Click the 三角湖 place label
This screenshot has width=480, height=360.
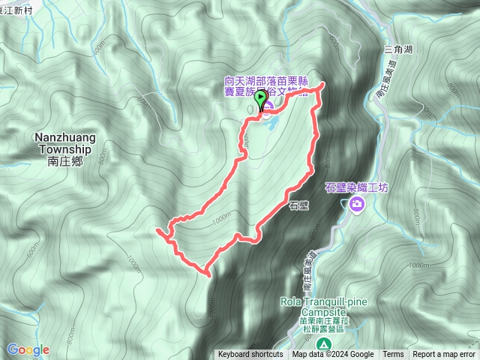pyautogui.click(x=397, y=49)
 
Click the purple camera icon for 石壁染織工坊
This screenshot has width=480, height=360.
pyautogui.click(x=358, y=204)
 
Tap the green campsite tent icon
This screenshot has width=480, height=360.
pyautogui.click(x=323, y=343)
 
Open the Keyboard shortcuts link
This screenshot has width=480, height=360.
pyautogui.click(x=250, y=355)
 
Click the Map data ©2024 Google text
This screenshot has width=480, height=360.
pyautogui.click(x=333, y=355)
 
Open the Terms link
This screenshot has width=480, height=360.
pyautogui.click(x=393, y=355)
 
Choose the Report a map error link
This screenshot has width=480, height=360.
pyautogui.click(x=444, y=355)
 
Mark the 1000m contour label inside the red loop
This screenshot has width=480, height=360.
pyautogui.click(x=223, y=218)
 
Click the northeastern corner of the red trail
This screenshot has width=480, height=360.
pyautogui.click(x=323, y=84)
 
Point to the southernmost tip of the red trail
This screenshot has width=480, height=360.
pyautogui.click(x=206, y=274)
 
